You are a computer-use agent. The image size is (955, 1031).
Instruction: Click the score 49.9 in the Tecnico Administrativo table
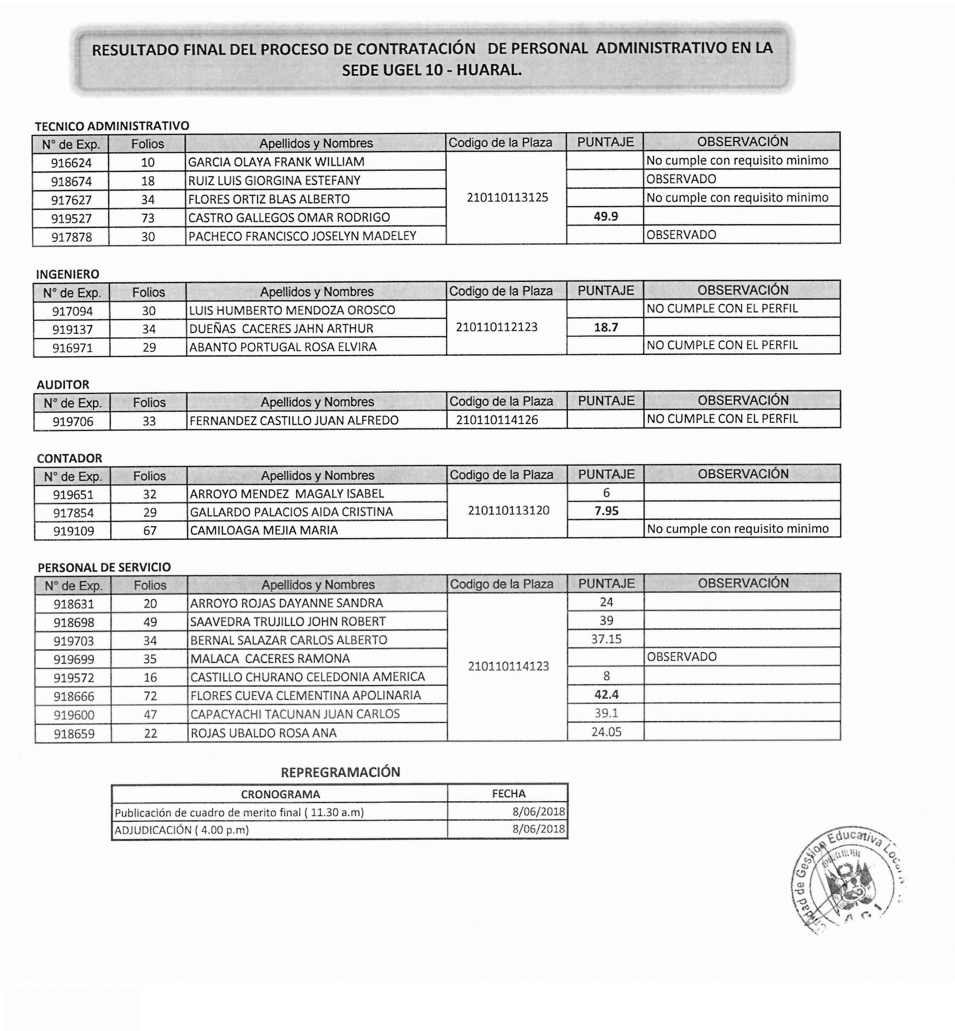tap(605, 217)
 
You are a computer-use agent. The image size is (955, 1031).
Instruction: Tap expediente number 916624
tap(71, 163)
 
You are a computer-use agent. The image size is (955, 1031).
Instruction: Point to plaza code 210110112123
tap(497, 327)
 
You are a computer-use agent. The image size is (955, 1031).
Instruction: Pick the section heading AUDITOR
tap(63, 384)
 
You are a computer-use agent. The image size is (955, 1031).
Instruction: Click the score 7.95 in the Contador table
tap(607, 511)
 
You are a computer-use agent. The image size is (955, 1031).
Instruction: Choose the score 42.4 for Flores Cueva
tap(607, 694)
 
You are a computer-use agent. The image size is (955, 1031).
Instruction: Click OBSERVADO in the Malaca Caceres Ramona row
tap(681, 657)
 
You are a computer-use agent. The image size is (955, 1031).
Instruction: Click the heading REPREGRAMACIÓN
tap(341, 772)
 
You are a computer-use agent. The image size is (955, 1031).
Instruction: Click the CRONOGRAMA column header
tap(280, 794)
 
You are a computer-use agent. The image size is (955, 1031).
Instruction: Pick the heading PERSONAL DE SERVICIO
tap(104, 567)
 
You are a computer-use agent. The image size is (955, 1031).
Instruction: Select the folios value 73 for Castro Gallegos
tap(148, 218)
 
